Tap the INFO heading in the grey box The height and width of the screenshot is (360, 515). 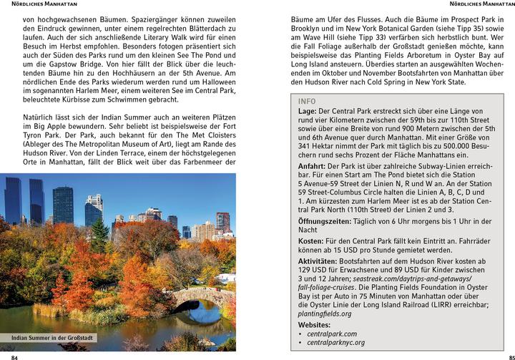pyautogui.click(x=306, y=102)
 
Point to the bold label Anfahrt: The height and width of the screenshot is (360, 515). pyautogui.click(x=313, y=165)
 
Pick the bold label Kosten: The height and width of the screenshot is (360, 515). pyautogui.click(x=313, y=241)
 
